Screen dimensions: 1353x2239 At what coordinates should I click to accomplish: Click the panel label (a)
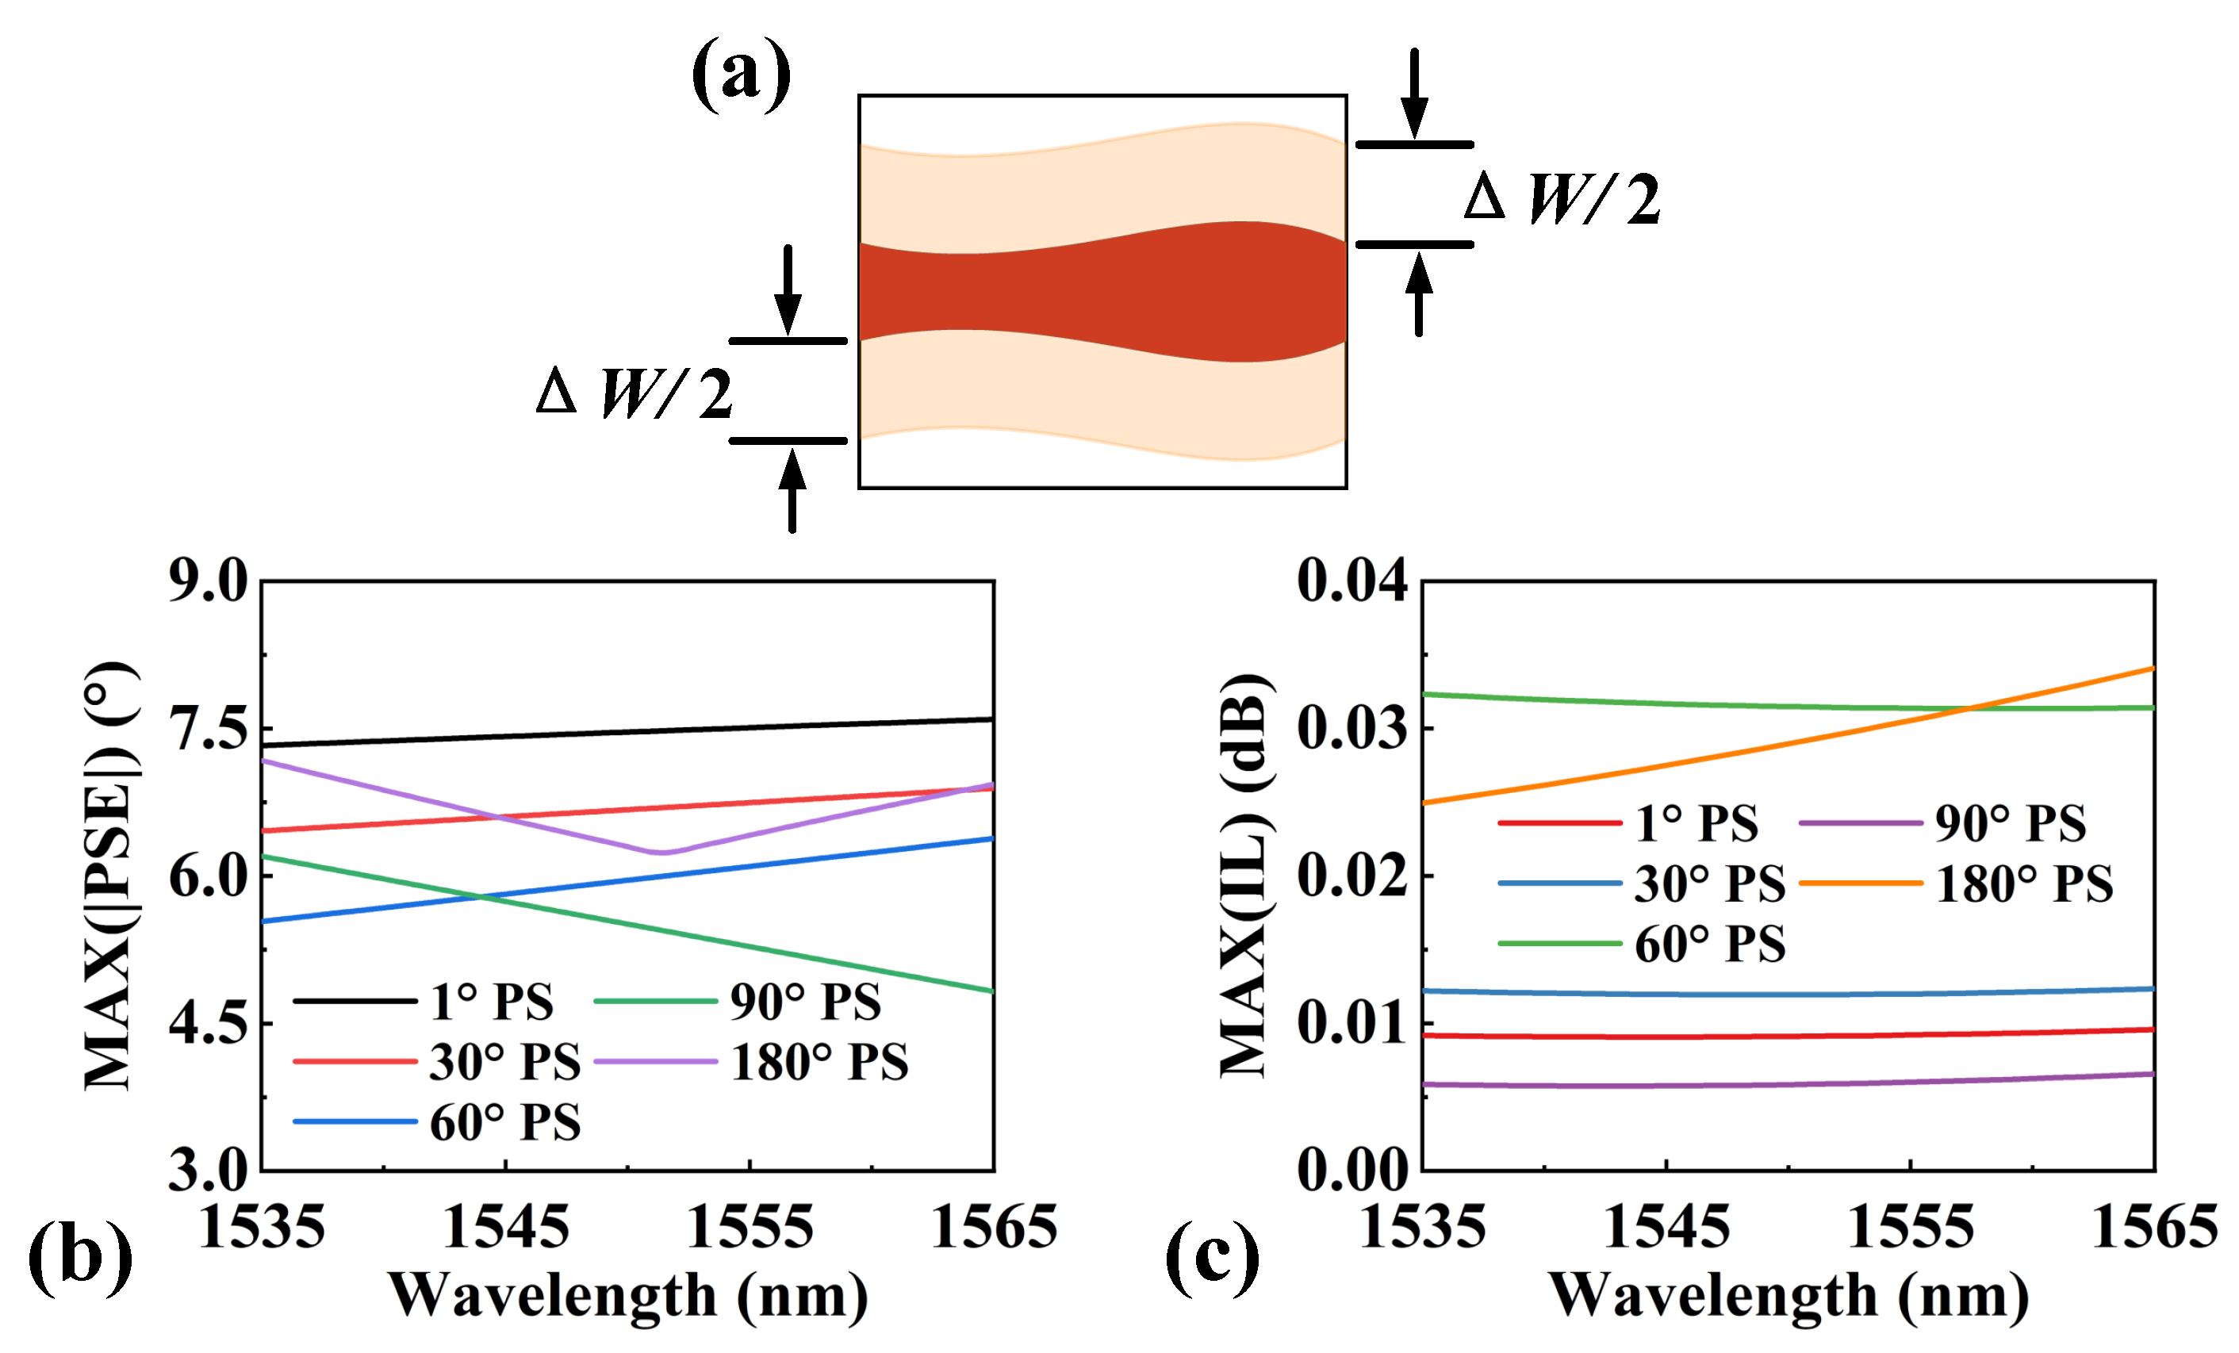tap(741, 75)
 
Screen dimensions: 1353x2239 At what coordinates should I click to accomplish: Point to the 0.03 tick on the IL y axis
tap(1351, 730)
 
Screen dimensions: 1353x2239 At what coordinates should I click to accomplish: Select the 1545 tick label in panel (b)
tap(505, 1228)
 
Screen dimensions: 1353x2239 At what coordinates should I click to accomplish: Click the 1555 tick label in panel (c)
tap(1911, 1228)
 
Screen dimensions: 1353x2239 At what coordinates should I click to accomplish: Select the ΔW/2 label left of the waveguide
tap(635, 393)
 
